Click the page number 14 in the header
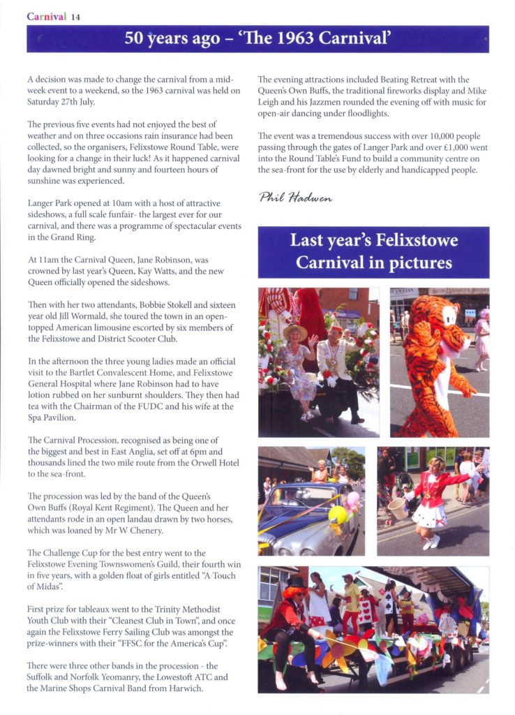[x=76, y=17]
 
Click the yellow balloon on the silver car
[x=338, y=515]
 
